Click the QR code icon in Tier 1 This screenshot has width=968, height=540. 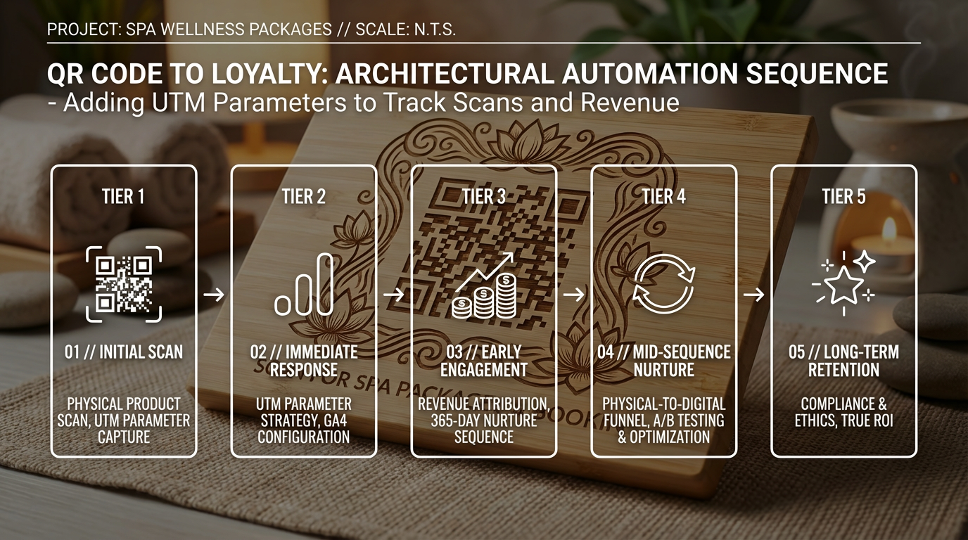pos(124,284)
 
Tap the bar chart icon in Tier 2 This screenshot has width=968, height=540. pos(304,284)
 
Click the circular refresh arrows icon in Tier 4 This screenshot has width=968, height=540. pos(664,284)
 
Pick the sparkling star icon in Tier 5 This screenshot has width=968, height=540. pos(844,283)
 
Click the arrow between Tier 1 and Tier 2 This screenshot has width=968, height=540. pos(214,295)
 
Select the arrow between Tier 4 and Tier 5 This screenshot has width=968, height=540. pos(754,295)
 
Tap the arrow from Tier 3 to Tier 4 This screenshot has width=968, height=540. pos(574,295)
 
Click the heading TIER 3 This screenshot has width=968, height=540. pos(484,197)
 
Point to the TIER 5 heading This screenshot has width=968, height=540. pos(844,197)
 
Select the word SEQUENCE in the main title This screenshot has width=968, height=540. pos(817,73)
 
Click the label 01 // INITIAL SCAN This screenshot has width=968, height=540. pos(124,352)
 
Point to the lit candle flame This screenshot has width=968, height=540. pos(889,228)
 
